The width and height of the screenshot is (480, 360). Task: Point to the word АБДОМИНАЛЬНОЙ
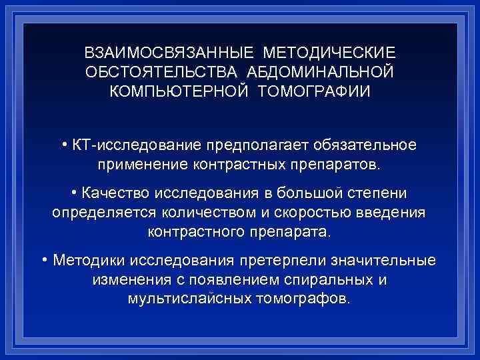[324, 71]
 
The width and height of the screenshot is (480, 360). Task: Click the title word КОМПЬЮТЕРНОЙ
[178, 90]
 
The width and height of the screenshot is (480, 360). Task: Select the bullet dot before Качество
[73, 193]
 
